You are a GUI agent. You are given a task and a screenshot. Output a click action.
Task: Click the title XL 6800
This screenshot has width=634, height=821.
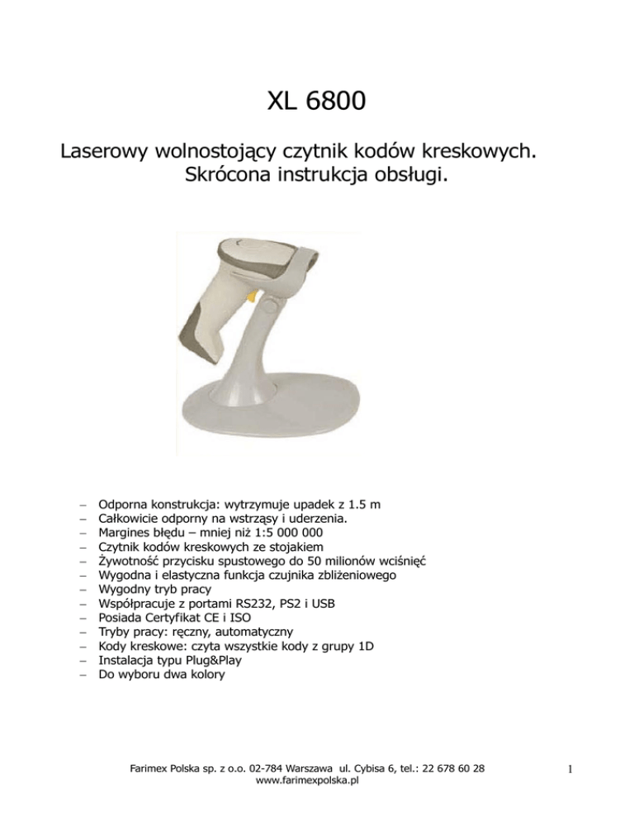[x=317, y=106]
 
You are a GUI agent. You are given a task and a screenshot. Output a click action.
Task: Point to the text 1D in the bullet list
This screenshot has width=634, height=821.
[x=365, y=646]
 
